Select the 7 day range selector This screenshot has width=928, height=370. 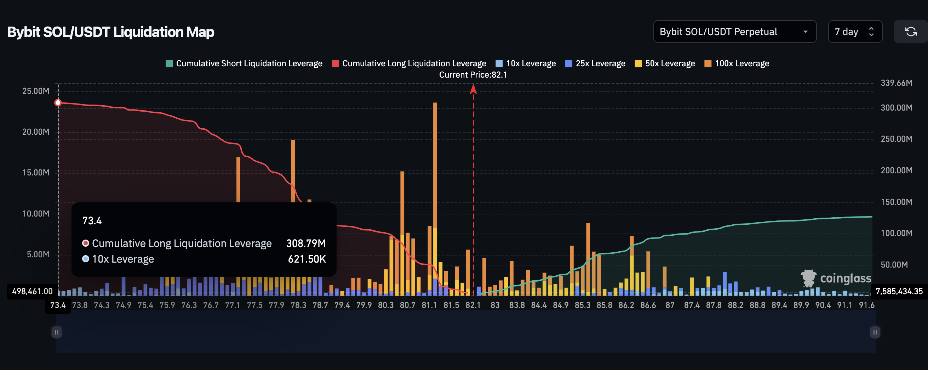click(854, 32)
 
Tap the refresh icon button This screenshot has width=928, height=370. click(910, 32)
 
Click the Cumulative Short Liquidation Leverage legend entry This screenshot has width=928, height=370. click(244, 63)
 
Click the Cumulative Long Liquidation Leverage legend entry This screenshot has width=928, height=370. click(409, 63)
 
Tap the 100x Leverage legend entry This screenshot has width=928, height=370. click(737, 63)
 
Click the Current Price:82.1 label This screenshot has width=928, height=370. click(472, 75)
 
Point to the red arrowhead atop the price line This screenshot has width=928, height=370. click(473, 89)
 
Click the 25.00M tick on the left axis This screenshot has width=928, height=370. click(36, 91)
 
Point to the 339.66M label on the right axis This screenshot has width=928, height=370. click(896, 83)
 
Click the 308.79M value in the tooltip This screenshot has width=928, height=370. click(306, 243)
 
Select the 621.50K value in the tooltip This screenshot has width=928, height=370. click(307, 259)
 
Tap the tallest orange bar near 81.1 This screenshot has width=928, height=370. click(435, 162)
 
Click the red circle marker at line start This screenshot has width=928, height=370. click(58, 103)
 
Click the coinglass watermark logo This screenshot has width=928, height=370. click(836, 279)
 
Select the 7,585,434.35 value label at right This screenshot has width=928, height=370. click(899, 291)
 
